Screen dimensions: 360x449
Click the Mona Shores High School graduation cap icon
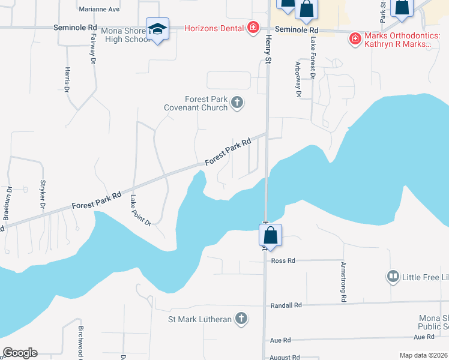[x=157, y=29]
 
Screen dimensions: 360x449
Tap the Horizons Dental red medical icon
[x=253, y=28]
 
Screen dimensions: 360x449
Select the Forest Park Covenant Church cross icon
[x=237, y=103]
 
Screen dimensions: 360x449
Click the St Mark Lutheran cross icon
[x=241, y=319]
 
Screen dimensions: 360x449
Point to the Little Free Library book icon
[x=393, y=276]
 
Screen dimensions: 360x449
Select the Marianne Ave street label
[x=100, y=10]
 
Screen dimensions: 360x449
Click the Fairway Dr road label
[x=93, y=47]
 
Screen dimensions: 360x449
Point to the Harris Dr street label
[x=67, y=79]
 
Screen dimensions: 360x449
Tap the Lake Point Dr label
[x=140, y=211]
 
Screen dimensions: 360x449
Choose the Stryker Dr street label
[x=43, y=194]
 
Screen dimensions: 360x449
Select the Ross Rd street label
[x=283, y=261]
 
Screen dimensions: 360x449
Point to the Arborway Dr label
[x=298, y=78]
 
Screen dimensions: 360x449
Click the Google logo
[x=20, y=353]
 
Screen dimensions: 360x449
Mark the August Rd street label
[x=285, y=357]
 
